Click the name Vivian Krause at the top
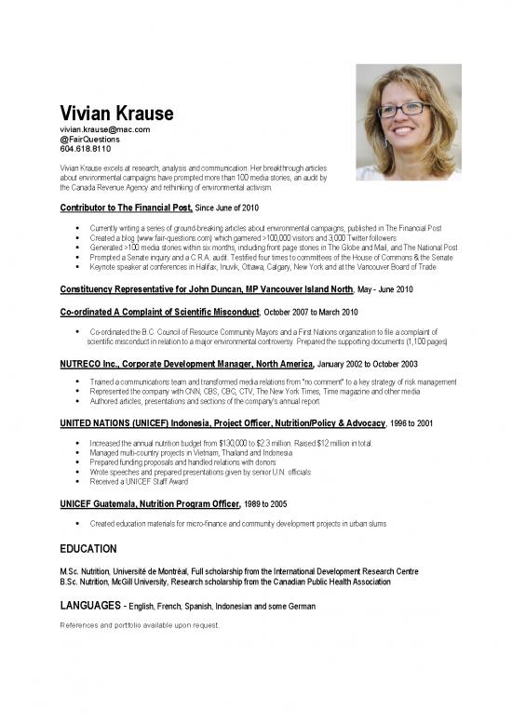click(116, 114)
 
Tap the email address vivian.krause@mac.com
click(104, 129)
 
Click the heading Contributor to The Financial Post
click(126, 208)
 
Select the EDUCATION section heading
click(88, 549)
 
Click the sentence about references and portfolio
click(139, 625)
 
